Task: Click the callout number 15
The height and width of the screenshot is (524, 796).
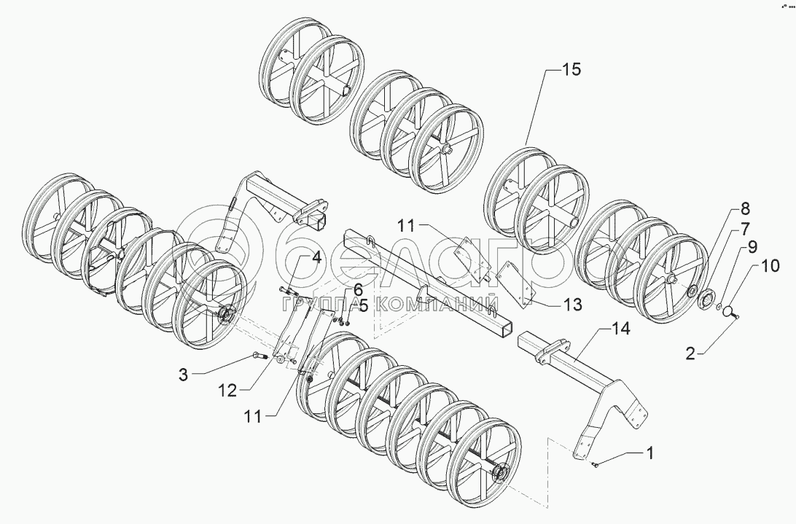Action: [x=571, y=71]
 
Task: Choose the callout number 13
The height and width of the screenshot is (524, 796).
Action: [x=573, y=305]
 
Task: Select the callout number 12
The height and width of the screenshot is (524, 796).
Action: [x=227, y=391]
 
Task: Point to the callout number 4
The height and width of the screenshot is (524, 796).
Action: [x=316, y=257]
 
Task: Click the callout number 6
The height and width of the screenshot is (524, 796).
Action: [x=358, y=289]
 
